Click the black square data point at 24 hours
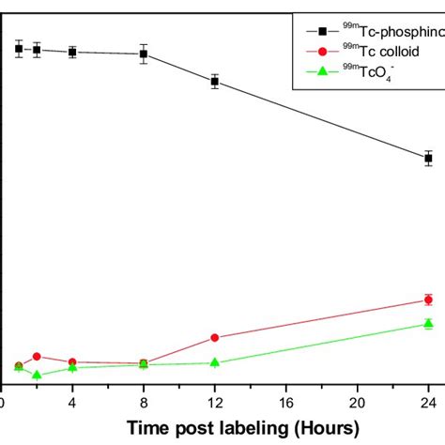tap(428, 158)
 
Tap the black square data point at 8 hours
tap(144, 54)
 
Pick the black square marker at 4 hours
tap(72, 52)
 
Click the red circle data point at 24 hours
tap(428, 300)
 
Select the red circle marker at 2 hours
tap(37, 356)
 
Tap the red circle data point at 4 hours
tap(72, 361)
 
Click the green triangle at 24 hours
tap(428, 324)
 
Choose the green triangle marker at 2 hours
tap(37, 375)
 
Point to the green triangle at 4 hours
tap(72, 367)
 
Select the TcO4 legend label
tap(376, 75)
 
